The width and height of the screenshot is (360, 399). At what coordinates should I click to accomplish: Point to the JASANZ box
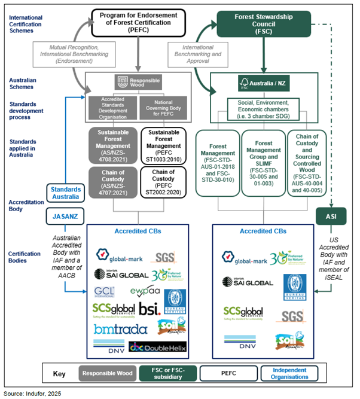coord(63,213)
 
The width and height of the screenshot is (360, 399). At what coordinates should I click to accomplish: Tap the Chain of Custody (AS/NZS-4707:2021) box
coord(112,182)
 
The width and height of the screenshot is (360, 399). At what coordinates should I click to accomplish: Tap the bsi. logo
coord(150,309)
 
